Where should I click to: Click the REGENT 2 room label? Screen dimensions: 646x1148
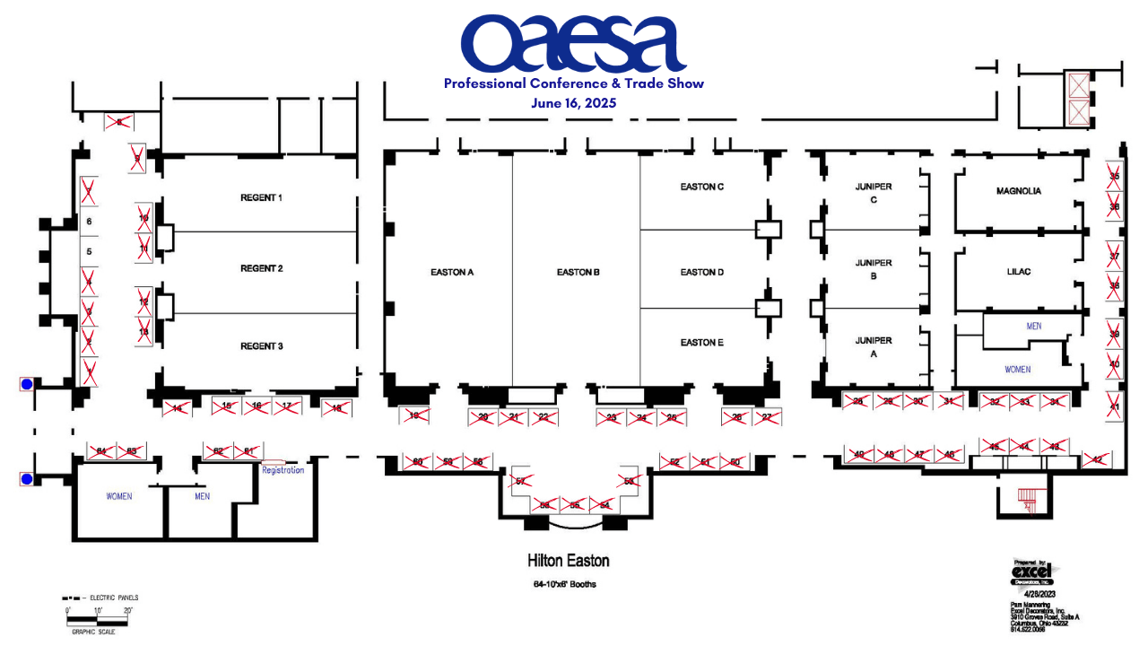point(261,269)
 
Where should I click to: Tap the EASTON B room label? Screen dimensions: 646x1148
point(578,273)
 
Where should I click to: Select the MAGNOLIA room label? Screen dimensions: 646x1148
point(1018,191)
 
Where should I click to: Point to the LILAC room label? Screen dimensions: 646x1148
point(1019,272)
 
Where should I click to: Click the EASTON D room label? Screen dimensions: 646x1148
point(701,273)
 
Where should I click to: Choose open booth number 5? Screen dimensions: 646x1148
point(89,252)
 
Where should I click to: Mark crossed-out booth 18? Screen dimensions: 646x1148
point(337,408)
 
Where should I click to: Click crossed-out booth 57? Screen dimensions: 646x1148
point(519,482)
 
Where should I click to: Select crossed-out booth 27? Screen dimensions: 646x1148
point(767,417)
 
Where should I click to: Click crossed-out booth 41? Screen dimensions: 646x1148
point(1114,406)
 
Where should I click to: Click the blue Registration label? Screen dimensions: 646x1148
point(283,470)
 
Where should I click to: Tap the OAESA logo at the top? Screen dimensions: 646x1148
point(573,44)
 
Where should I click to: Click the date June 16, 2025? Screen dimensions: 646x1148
point(573,103)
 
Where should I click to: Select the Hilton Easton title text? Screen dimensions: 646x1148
point(568,561)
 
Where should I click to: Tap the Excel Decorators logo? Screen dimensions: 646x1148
point(1032,572)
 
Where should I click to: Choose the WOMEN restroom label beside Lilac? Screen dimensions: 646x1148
point(1017,370)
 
